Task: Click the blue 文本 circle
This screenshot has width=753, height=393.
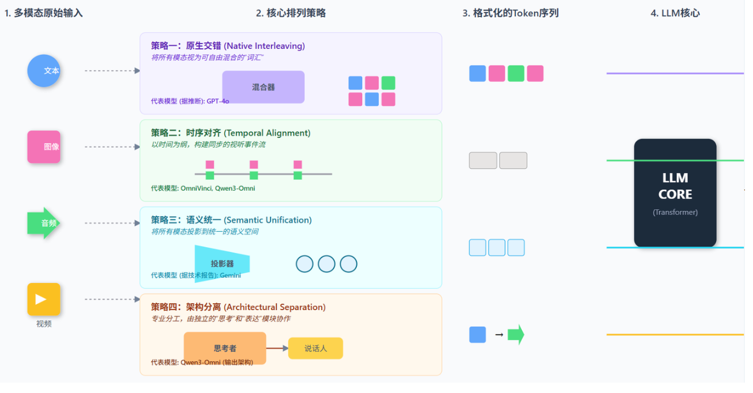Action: coord(44,71)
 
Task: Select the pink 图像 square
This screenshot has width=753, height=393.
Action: coord(44,146)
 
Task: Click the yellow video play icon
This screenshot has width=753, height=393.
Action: coord(44,299)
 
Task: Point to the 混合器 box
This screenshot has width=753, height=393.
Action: coord(263,87)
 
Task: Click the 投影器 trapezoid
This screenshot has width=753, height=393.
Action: coord(222,263)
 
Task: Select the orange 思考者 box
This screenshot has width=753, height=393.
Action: coord(225,347)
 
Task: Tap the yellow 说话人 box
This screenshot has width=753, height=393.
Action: coord(315,348)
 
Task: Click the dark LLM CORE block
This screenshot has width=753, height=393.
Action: coord(675,192)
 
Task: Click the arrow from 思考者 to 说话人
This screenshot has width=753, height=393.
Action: coord(277,348)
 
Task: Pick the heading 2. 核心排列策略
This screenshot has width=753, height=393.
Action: coord(291,13)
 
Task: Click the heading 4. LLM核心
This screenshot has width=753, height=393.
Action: coord(675,13)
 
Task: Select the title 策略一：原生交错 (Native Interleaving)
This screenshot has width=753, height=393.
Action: coord(228,46)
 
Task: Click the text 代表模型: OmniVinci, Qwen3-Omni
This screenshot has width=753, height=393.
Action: coord(203,188)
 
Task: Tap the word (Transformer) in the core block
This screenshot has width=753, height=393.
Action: coord(675,212)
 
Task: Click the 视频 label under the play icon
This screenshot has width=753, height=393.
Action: coord(44,324)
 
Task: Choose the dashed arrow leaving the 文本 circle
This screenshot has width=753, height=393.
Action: coord(112,71)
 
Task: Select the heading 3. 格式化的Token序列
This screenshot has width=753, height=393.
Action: coord(510,13)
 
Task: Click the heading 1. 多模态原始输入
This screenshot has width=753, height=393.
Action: coord(44,13)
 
